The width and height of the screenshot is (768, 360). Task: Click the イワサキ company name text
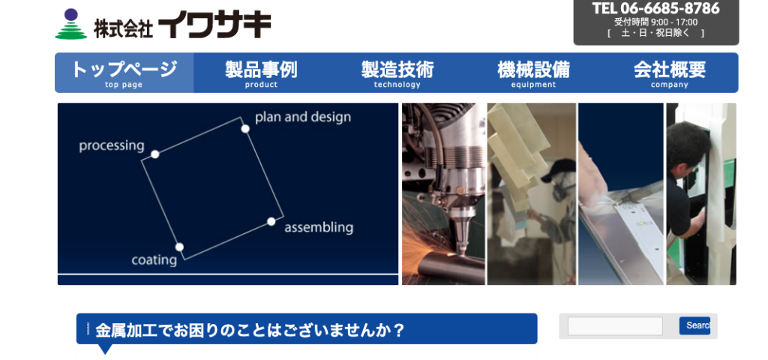pyautogui.click(x=214, y=25)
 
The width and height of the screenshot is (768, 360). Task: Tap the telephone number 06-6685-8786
pyautogui.click(x=670, y=8)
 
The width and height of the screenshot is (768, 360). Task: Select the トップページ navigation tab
pyautogui.click(x=124, y=73)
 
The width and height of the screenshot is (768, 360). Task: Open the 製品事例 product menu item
pyautogui.click(x=261, y=73)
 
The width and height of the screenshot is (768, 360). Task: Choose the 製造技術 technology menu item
pyautogui.click(x=397, y=73)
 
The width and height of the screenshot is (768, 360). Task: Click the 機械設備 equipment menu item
pyautogui.click(x=533, y=73)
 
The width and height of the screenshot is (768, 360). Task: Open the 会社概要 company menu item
pyautogui.click(x=670, y=73)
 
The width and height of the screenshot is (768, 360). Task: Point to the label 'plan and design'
pyautogui.click(x=303, y=118)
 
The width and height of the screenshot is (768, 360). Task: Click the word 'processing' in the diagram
pyautogui.click(x=112, y=146)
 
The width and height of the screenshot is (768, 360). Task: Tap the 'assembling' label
pyautogui.click(x=318, y=228)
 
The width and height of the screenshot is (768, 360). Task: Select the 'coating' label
pyautogui.click(x=154, y=260)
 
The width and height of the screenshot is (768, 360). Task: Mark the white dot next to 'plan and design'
pyautogui.click(x=245, y=129)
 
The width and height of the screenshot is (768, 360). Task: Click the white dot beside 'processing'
pyautogui.click(x=154, y=154)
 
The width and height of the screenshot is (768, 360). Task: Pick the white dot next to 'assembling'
pyautogui.click(x=271, y=221)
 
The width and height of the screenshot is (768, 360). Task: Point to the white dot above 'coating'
pyautogui.click(x=179, y=247)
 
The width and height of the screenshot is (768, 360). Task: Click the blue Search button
pyautogui.click(x=694, y=325)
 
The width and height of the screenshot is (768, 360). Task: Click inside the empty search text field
pyautogui.click(x=615, y=326)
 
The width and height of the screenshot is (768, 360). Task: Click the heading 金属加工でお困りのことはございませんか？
pyautogui.click(x=250, y=331)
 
